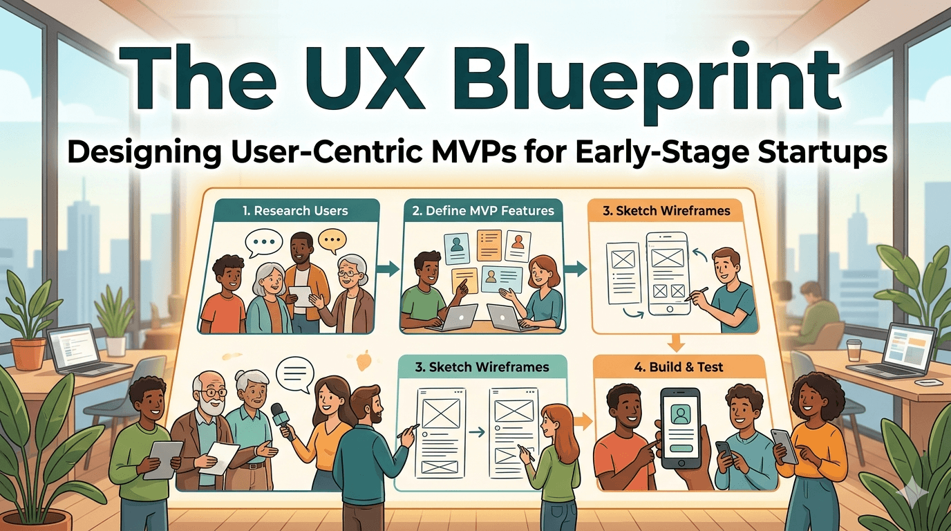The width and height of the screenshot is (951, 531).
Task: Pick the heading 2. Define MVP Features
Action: click(x=482, y=211)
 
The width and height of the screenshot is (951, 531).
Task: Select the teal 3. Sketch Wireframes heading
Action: click(x=482, y=367)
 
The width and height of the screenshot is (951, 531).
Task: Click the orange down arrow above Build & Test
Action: click(x=677, y=342)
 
